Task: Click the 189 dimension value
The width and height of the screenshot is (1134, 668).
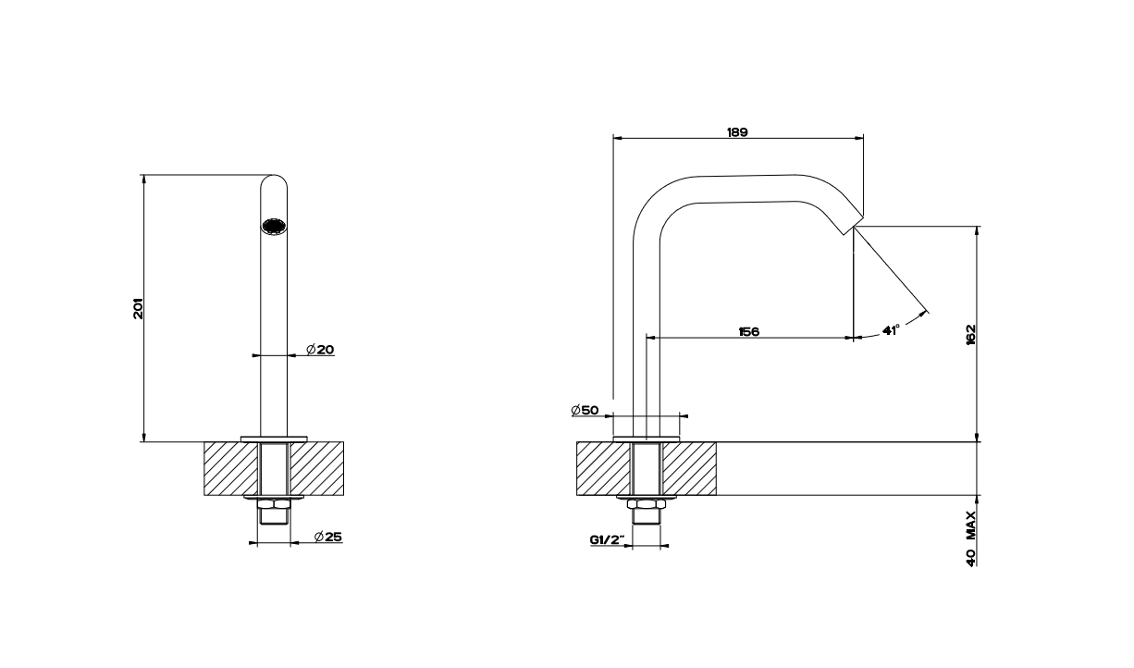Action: pos(737,132)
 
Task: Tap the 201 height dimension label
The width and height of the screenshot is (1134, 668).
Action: pos(138,308)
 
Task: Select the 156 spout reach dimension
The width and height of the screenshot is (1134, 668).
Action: pos(748,332)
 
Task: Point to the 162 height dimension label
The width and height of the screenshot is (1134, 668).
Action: pos(970,334)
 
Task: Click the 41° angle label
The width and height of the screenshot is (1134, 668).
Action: pos(891,330)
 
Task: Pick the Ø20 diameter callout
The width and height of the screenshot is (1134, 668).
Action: pos(320,349)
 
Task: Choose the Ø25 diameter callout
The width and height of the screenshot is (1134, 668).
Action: pos(328,537)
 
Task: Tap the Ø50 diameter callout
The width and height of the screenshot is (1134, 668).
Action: pos(585,410)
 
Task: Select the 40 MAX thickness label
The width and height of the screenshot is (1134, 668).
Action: pos(970,538)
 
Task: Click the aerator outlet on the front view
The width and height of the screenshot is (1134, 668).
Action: pos(274,227)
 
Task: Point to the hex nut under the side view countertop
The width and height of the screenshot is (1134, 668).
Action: pos(647,504)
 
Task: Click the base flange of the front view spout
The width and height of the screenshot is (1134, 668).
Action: pos(274,439)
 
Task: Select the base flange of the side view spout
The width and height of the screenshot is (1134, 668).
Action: pos(647,439)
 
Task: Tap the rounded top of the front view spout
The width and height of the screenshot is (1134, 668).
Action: pos(274,182)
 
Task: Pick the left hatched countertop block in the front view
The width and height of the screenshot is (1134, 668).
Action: pos(231,468)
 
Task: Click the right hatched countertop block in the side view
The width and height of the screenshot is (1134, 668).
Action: pos(689,468)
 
